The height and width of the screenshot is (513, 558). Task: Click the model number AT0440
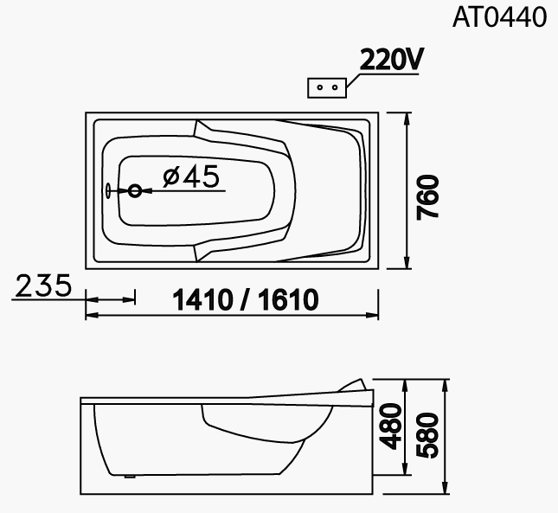(x=499, y=17)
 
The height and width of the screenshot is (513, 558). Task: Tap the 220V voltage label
(x=391, y=59)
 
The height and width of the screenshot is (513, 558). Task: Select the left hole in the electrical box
(x=319, y=87)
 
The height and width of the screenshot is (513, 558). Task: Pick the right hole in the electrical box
(x=335, y=87)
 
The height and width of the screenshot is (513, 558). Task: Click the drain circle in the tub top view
(x=135, y=191)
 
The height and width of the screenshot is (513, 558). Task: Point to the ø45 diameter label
(x=190, y=176)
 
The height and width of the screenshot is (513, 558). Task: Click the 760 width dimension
(x=428, y=197)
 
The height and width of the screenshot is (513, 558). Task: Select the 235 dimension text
(x=43, y=285)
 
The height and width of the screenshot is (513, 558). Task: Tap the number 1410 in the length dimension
(x=202, y=299)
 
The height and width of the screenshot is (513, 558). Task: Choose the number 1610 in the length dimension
(x=288, y=299)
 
